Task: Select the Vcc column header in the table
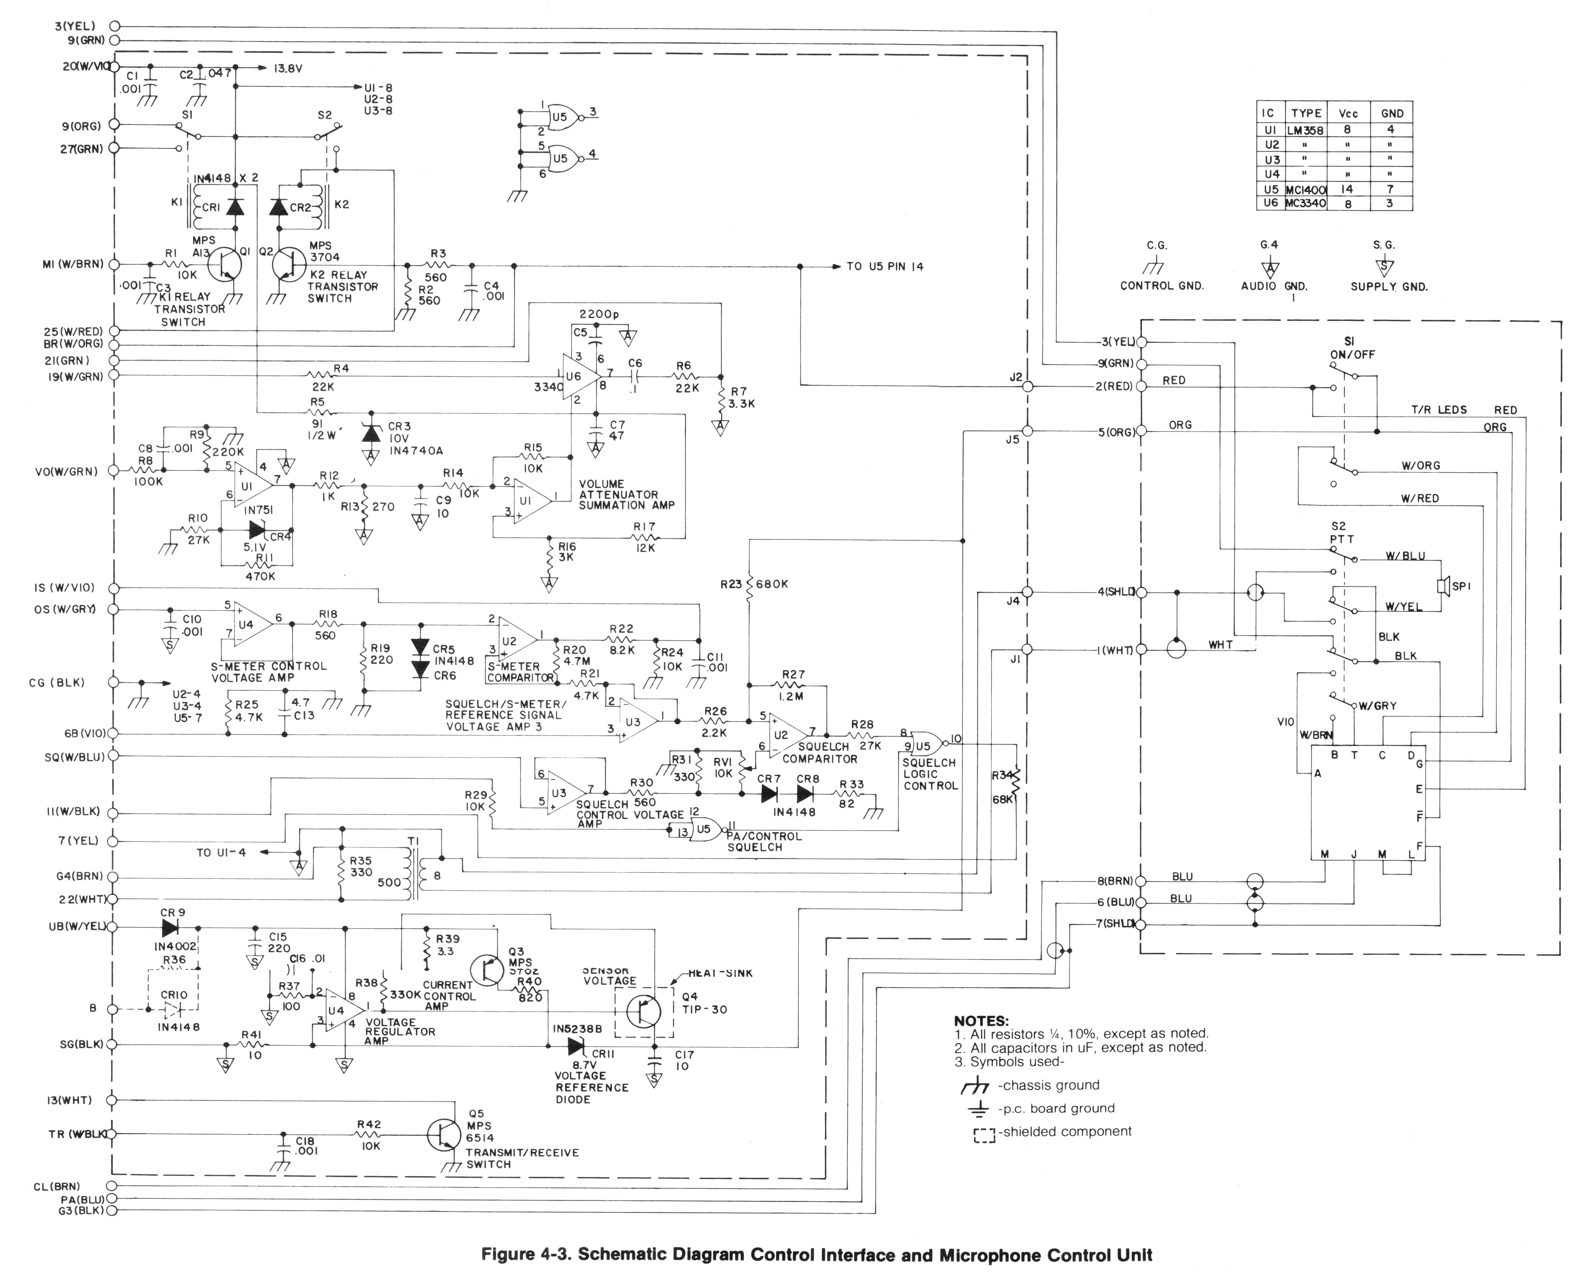[1347, 113]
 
